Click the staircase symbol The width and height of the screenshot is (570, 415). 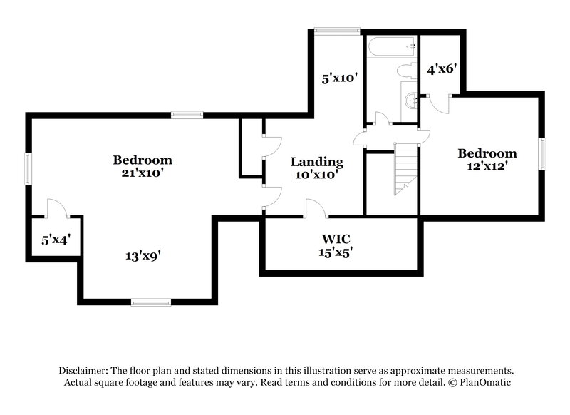point(405,168)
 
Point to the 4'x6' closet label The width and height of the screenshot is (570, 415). point(441,69)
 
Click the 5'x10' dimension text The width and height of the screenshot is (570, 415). point(338,78)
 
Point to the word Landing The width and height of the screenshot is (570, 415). point(317,162)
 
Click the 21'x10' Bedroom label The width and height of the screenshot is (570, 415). point(142,166)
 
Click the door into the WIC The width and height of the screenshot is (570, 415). point(316,207)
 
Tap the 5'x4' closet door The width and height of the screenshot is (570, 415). point(56,207)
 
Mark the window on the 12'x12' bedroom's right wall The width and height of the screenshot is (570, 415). point(543,154)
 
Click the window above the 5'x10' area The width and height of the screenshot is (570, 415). point(337,31)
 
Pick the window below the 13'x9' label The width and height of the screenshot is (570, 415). point(151,302)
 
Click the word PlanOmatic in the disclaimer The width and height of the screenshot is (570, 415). point(485,382)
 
